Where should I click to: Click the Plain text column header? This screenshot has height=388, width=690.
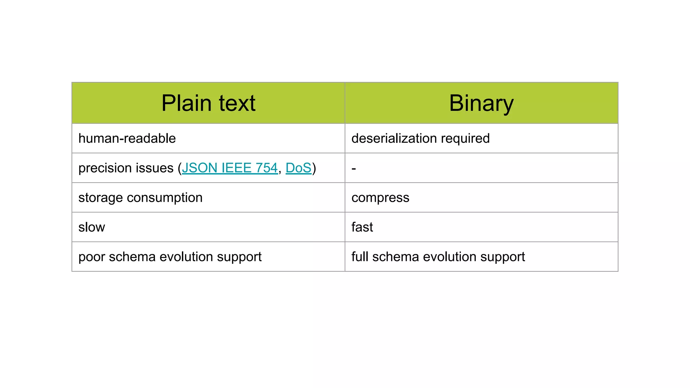click(x=208, y=103)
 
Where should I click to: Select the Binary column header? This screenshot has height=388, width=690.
click(x=481, y=103)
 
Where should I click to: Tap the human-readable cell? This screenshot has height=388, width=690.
click(x=127, y=138)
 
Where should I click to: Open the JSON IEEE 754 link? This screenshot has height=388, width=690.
click(x=230, y=168)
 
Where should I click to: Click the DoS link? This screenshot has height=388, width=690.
click(x=299, y=168)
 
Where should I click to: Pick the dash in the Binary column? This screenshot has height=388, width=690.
click(x=354, y=168)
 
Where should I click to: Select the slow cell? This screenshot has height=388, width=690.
click(x=92, y=227)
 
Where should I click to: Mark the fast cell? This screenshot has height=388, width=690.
click(x=362, y=227)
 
